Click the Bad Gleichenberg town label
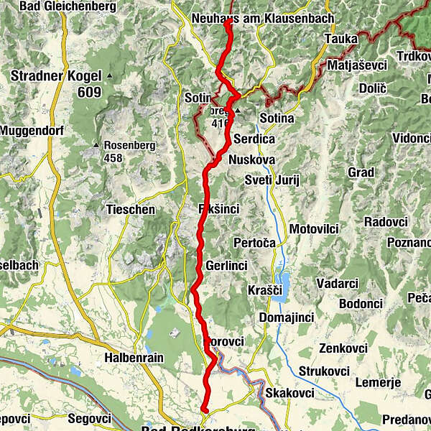[57, 6]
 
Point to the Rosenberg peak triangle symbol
[96, 145]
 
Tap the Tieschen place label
[130, 210]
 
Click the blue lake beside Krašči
[284, 286]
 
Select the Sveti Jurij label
[272, 179]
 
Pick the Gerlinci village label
[226, 266]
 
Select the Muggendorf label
[27, 131]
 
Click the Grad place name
[361, 172]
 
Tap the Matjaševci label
[357, 65]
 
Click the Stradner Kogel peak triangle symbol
[109, 75]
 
